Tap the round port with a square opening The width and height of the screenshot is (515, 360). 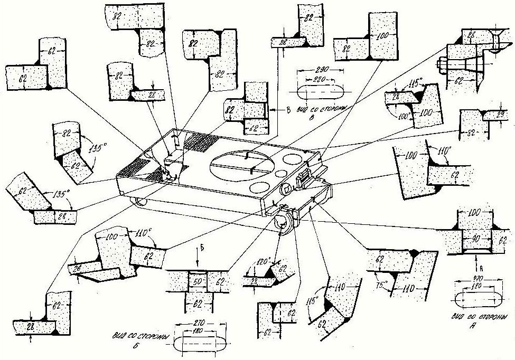click(288, 189)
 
